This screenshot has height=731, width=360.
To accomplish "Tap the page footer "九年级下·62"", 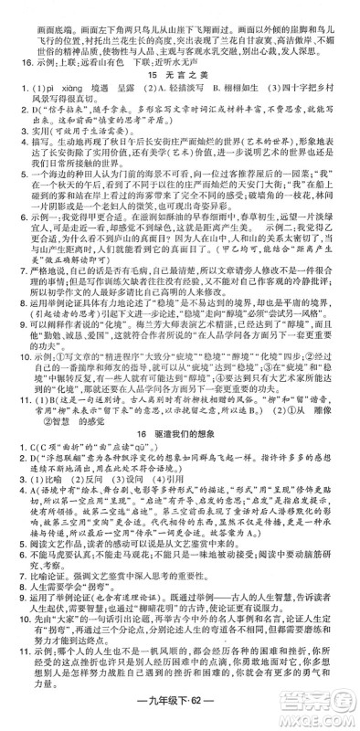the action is click(x=179, y=715).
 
